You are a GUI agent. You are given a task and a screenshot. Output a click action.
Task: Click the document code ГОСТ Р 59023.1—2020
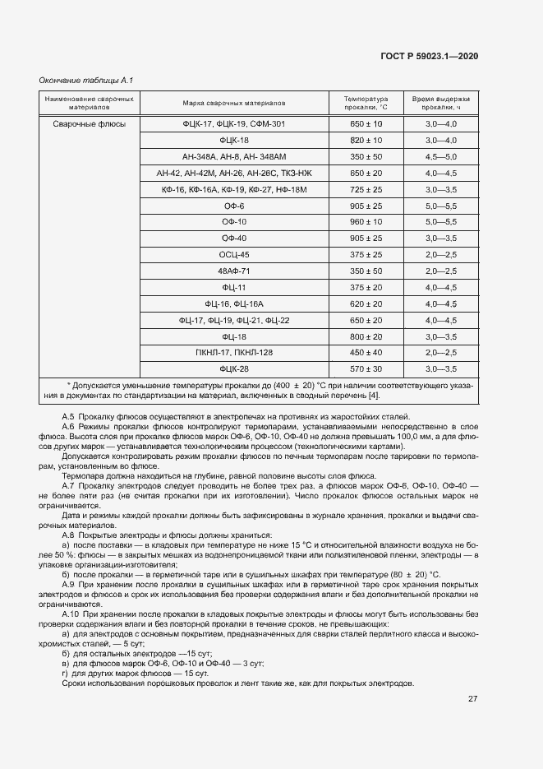[429, 55]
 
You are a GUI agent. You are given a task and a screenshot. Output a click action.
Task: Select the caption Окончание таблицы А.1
[86, 80]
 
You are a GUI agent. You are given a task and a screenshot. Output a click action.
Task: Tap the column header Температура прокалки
[366, 103]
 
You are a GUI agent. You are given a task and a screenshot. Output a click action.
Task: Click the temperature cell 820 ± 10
[366, 140]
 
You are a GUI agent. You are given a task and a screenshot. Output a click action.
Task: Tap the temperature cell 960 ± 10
[366, 222]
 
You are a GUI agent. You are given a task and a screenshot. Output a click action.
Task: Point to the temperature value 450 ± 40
[366, 353]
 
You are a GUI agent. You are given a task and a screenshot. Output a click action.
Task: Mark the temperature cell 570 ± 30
[366, 369]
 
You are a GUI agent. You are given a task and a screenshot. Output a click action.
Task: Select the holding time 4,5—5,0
[441, 156]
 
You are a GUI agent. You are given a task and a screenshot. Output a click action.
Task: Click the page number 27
[473, 699]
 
